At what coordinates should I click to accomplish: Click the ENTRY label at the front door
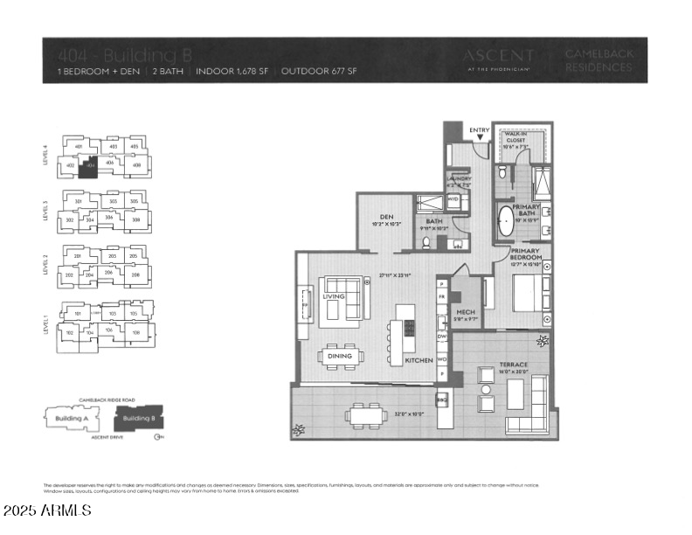point(480,130)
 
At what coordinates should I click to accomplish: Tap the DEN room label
point(378,218)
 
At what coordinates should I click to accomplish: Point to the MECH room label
point(466,311)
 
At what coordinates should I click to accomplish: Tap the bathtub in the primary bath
point(504,223)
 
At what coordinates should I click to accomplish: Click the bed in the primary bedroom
point(527,294)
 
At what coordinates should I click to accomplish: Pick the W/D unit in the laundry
point(453,199)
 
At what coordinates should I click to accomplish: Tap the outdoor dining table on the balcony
point(366,414)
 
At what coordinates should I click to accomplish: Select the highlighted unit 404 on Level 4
point(88,164)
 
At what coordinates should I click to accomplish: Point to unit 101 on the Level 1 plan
point(77,313)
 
